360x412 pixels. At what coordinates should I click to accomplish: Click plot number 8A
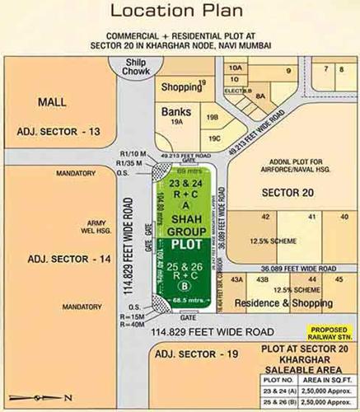pos(259,96)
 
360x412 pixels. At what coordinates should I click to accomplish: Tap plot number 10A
pos(236,68)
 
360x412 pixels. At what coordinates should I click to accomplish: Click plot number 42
pos(265,216)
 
